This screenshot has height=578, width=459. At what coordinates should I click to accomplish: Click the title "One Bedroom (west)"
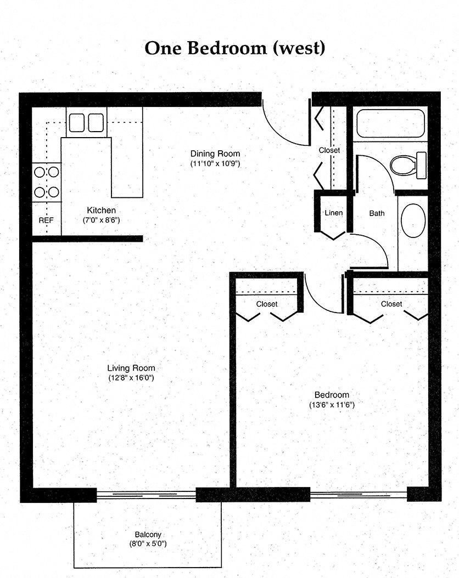click(x=235, y=48)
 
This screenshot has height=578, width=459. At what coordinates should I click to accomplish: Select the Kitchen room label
click(x=102, y=210)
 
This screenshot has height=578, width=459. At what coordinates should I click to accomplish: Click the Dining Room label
click(x=215, y=154)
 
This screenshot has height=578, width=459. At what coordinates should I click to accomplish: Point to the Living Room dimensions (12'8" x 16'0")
click(x=131, y=378)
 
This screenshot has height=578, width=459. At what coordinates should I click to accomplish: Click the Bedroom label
click(x=332, y=395)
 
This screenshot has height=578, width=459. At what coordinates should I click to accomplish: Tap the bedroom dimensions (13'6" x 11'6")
click(x=332, y=405)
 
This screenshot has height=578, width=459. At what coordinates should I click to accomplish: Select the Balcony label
click(x=148, y=535)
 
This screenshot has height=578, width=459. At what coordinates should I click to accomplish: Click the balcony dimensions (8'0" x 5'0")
click(x=148, y=544)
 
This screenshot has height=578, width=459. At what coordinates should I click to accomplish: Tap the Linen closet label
click(x=334, y=213)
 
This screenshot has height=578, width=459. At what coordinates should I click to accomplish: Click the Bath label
click(x=377, y=213)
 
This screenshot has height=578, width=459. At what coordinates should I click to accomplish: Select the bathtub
click(x=390, y=124)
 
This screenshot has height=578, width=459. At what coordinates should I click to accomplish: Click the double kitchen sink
click(x=86, y=122)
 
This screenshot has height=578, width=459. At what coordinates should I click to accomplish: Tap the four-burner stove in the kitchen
click(x=47, y=183)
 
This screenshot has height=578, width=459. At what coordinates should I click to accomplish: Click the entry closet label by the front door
click(x=329, y=150)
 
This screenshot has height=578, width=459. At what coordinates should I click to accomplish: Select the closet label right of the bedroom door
click(x=391, y=304)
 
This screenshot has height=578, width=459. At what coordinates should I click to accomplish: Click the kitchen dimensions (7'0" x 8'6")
click(x=102, y=220)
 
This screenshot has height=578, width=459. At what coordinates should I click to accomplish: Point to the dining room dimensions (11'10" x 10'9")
click(x=215, y=163)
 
